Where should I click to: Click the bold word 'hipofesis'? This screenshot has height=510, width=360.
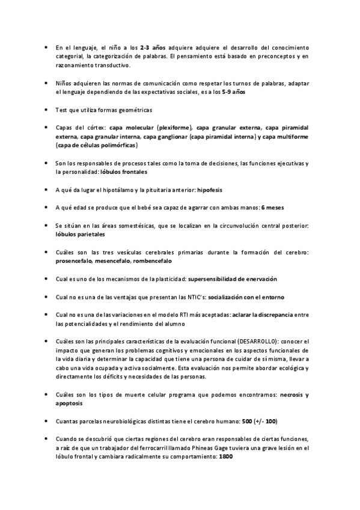(x=210, y=190)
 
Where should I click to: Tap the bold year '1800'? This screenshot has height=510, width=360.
(x=226, y=456)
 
